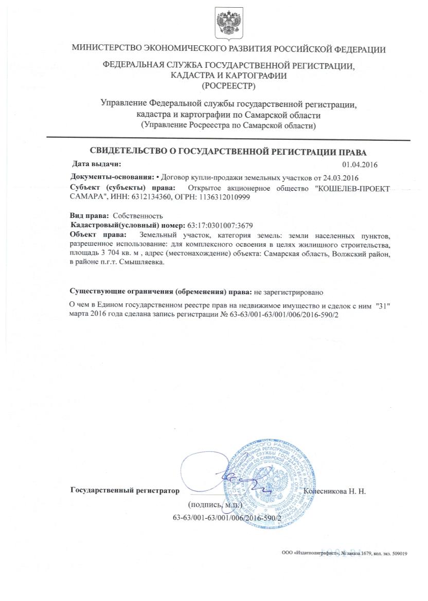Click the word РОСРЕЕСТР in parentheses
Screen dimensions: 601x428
(229, 85)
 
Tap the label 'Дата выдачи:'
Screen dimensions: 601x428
(96, 164)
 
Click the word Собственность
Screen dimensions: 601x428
(137, 215)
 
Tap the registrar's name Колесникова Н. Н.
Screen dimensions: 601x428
(335, 491)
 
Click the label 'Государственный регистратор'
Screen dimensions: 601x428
(124, 490)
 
